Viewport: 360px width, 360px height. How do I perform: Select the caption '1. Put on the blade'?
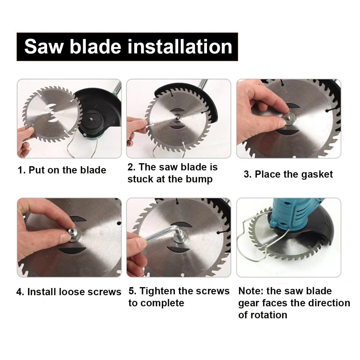tap(62, 170)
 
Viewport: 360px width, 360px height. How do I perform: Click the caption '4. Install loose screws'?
tap(69, 292)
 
